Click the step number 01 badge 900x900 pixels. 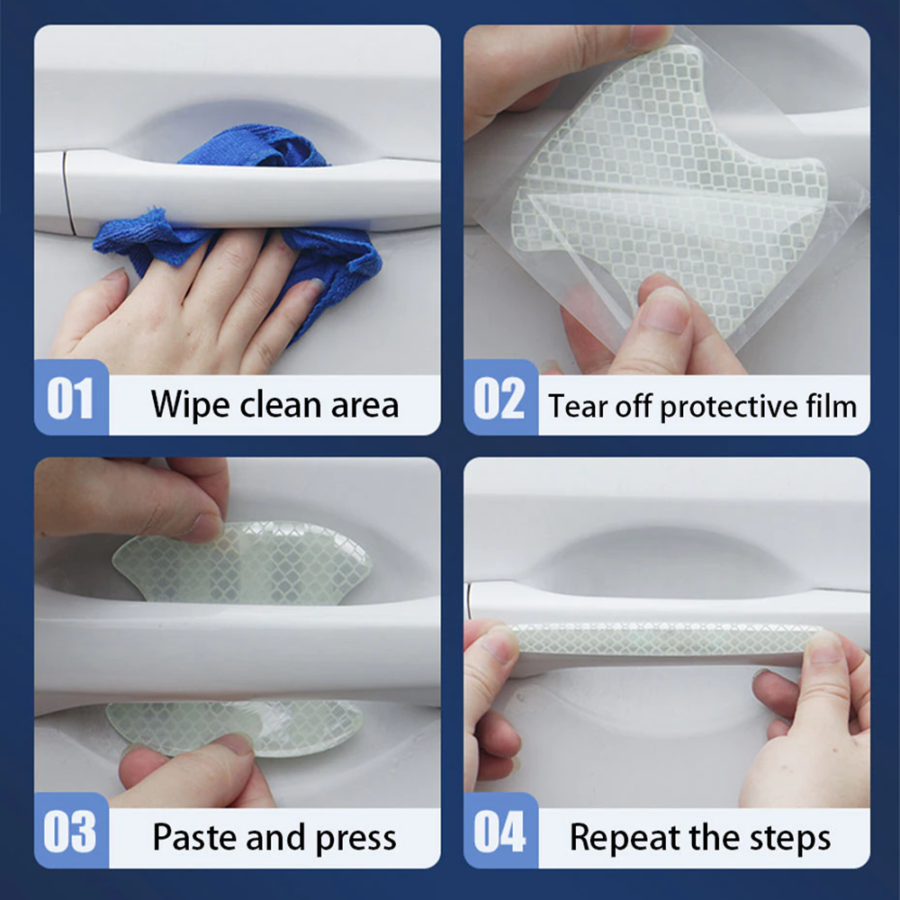(71, 397)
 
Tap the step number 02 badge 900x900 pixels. (500, 397)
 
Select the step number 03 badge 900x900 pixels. (71, 830)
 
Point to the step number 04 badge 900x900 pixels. (500, 830)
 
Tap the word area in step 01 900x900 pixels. (365, 406)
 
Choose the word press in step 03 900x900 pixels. (355, 840)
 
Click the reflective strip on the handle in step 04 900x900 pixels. (666, 637)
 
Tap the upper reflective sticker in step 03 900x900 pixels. (241, 562)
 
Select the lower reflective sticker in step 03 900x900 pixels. (232, 726)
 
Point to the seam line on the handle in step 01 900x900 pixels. (68, 193)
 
